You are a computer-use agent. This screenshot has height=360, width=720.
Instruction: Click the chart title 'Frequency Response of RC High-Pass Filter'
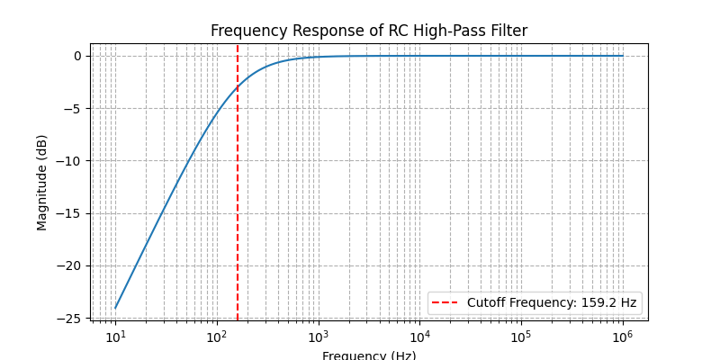369,31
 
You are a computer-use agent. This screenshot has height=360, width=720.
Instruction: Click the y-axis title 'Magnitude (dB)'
42,183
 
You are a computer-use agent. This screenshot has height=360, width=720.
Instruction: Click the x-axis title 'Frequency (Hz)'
369,355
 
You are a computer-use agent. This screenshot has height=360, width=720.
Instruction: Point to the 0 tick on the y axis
77,56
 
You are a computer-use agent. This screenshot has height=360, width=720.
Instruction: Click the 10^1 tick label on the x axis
115,336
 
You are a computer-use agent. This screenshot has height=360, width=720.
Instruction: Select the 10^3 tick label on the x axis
318,336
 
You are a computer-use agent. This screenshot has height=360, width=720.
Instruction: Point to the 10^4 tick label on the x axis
419,336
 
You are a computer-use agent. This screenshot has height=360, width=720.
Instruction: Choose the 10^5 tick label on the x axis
521,336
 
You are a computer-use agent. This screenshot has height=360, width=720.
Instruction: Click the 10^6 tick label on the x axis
622,336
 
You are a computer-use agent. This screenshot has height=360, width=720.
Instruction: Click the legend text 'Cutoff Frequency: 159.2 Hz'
552,303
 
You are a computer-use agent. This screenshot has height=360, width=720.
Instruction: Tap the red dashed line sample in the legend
446,303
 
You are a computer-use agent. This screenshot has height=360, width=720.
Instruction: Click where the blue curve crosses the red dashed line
238,87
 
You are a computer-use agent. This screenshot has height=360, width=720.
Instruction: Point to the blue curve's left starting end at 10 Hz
115,309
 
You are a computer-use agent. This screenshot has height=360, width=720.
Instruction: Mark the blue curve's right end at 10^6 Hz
622,56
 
